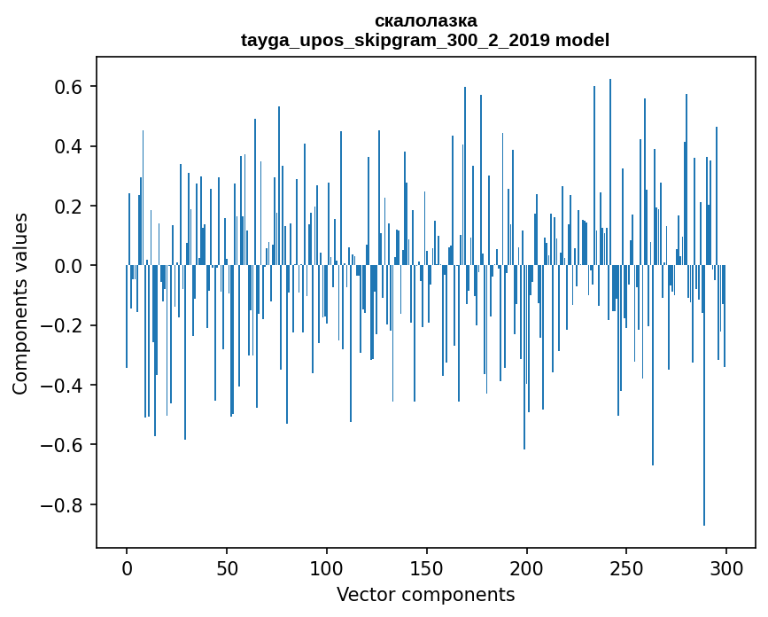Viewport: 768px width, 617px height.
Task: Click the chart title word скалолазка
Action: [x=425, y=20]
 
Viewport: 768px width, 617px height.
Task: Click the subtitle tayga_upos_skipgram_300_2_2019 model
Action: [x=425, y=40]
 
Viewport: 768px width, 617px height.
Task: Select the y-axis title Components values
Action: [x=20, y=303]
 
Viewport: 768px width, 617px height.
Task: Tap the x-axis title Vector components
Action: [x=425, y=594]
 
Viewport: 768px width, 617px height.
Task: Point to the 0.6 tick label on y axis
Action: [x=70, y=87]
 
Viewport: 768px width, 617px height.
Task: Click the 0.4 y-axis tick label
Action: [x=70, y=146]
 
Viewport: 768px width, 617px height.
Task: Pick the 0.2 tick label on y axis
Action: [x=70, y=207]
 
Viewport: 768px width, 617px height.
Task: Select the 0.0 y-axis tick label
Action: [x=70, y=266]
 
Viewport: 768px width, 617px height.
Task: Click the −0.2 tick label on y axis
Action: [x=65, y=325]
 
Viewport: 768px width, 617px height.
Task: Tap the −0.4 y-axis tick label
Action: [x=65, y=386]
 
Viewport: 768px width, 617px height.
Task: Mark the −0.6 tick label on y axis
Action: [x=65, y=445]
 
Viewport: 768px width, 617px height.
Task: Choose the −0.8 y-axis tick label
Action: [x=65, y=505]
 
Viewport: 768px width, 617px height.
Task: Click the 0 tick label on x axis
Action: [x=127, y=567]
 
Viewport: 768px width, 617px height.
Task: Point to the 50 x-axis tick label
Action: [x=227, y=567]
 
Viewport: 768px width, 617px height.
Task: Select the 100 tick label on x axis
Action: [x=327, y=567]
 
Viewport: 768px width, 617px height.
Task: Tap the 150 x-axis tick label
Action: [x=426, y=567]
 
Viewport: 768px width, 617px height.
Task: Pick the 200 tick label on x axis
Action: [x=526, y=567]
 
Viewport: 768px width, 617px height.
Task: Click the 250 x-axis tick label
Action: [x=626, y=567]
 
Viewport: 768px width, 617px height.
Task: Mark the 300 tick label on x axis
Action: [x=726, y=567]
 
